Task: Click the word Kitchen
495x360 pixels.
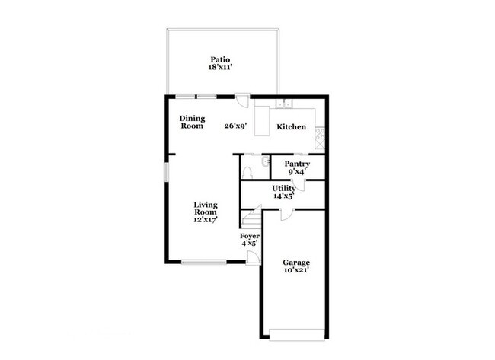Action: pyautogui.click(x=291, y=126)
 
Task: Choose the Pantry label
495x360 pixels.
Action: pyautogui.click(x=296, y=164)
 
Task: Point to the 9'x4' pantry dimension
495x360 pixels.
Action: pyautogui.click(x=296, y=172)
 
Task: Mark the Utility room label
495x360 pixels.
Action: pyautogui.click(x=284, y=188)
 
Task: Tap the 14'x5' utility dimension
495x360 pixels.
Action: pyautogui.click(x=284, y=196)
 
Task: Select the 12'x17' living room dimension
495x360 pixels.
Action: pyautogui.click(x=206, y=220)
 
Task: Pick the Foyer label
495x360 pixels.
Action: pyautogui.click(x=251, y=236)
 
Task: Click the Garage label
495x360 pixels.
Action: pyautogui.click(x=296, y=263)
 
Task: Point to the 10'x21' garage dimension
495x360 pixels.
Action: pyautogui.click(x=296, y=271)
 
